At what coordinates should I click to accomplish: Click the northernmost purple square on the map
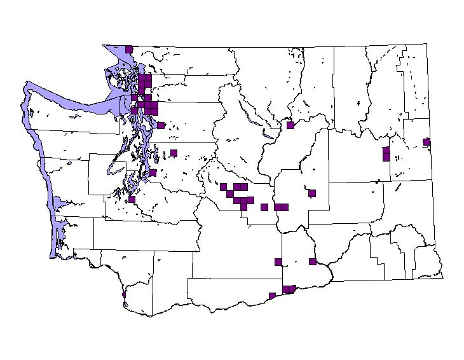129,49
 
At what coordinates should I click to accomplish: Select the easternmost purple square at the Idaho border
426,142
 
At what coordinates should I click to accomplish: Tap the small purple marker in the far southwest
123,294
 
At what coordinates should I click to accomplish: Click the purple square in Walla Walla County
313,261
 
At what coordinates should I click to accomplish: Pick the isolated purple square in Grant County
312,193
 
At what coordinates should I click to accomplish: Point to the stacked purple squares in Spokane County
386,154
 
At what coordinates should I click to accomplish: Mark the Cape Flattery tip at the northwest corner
27,85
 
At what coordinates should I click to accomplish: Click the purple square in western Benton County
278,261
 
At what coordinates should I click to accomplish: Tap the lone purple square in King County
174,153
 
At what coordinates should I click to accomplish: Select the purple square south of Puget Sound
132,199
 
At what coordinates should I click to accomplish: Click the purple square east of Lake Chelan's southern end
290,125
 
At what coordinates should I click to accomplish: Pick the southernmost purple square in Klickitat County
272,295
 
